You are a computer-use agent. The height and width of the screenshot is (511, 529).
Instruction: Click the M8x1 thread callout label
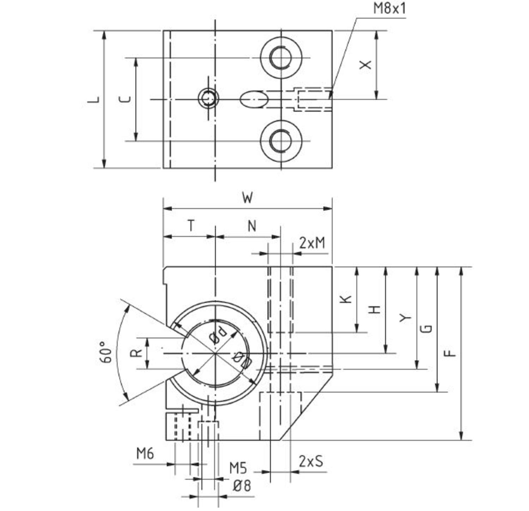click(389, 8)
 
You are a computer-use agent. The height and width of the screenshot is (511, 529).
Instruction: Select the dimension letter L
click(94, 100)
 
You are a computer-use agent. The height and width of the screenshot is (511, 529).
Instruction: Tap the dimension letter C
click(125, 99)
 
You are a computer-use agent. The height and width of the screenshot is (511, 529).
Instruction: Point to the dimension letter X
click(366, 65)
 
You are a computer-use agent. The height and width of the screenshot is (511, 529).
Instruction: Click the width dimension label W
click(248, 198)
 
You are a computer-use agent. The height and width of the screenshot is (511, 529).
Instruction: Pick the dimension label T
click(191, 226)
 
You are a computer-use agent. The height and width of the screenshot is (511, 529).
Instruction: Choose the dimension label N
click(251, 226)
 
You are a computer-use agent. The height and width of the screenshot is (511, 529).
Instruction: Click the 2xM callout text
click(312, 243)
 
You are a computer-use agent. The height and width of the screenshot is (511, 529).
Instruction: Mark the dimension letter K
click(346, 299)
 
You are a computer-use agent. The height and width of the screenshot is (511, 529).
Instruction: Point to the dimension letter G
click(427, 328)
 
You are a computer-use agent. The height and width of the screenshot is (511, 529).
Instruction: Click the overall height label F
click(450, 353)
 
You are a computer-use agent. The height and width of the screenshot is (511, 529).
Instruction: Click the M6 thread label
click(145, 454)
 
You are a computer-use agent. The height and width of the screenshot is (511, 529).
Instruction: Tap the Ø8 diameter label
click(242, 486)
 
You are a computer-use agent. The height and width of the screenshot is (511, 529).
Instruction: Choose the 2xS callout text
click(311, 461)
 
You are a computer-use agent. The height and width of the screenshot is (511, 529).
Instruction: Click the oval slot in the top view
click(253, 99)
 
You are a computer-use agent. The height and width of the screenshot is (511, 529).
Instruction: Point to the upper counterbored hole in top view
click(281, 57)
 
